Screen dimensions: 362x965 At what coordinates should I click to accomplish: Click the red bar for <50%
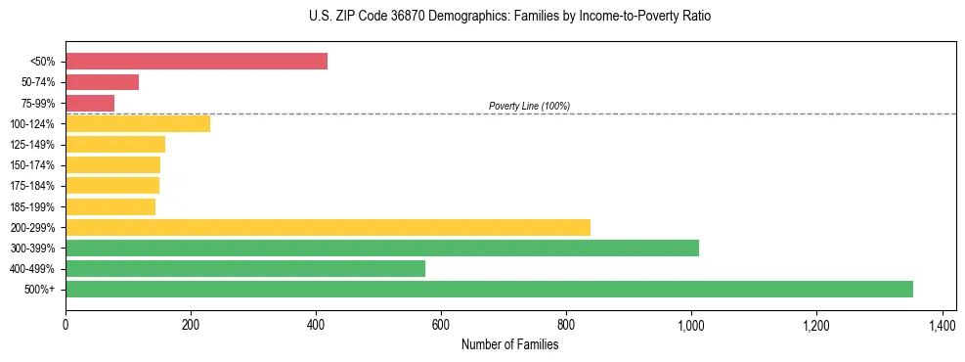tap(196, 62)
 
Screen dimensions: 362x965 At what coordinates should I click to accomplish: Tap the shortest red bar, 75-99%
tap(90, 103)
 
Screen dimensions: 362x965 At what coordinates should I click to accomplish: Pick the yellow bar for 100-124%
tap(138, 123)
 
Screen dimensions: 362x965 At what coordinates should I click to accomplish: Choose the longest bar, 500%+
tap(489, 289)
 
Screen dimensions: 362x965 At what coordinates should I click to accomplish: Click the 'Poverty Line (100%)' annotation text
tap(529, 106)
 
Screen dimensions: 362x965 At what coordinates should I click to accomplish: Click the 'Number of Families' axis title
tap(510, 343)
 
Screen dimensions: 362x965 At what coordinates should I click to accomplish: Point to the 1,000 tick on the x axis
tap(691, 324)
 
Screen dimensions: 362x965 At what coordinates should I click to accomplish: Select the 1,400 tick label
tap(942, 324)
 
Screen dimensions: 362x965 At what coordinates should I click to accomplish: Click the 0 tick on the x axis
tap(66, 324)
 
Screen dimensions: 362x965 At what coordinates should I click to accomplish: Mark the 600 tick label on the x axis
tap(441, 324)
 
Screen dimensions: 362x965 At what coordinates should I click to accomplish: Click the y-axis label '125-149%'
tap(32, 145)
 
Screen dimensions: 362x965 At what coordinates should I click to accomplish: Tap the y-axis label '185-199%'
tap(32, 206)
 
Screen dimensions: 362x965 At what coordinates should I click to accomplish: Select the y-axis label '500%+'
tap(39, 290)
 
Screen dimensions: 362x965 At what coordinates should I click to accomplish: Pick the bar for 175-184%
tap(112, 186)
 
